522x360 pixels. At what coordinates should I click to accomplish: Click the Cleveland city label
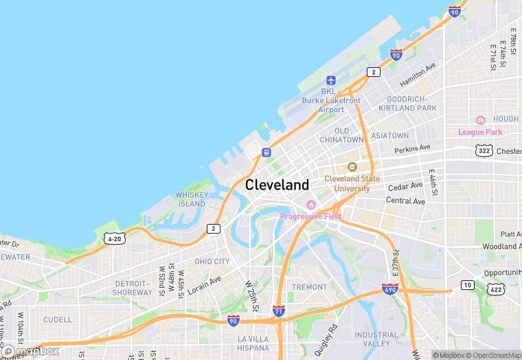pyautogui.click(x=277, y=185)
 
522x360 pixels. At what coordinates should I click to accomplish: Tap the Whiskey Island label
pyautogui.click(x=191, y=199)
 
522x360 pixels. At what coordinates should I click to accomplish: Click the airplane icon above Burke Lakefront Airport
pyautogui.click(x=331, y=80)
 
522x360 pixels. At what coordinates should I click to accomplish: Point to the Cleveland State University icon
pyautogui.click(x=352, y=167)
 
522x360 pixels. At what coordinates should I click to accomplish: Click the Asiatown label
pyautogui.click(x=390, y=136)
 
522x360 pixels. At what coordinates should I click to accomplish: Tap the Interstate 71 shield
pyautogui.click(x=278, y=311)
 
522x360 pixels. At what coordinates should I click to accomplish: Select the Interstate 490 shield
pyautogui.click(x=390, y=289)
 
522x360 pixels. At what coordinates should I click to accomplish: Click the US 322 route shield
pyautogui.click(x=484, y=150)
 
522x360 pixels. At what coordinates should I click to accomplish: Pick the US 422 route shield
pyautogui.click(x=495, y=290)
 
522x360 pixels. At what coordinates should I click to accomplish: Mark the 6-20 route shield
pyautogui.click(x=114, y=238)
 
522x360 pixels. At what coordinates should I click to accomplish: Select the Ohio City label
pyautogui.click(x=212, y=262)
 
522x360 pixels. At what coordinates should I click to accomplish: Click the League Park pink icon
pyautogui.click(x=480, y=120)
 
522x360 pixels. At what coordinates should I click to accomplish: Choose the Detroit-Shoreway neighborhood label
pyautogui.click(x=133, y=288)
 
